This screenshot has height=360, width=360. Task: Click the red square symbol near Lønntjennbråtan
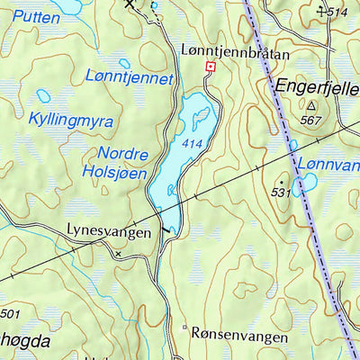[211, 67]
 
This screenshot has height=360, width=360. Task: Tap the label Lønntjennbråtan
[235, 53]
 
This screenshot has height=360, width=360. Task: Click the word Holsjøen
[114, 171]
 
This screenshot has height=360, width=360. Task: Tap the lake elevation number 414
[191, 143]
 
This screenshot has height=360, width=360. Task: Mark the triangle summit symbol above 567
[311, 105]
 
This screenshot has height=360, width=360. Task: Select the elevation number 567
[311, 120]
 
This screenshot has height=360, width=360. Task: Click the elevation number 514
[337, 12]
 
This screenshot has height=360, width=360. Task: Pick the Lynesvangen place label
[109, 231]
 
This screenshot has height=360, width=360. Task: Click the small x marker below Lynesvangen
[117, 255]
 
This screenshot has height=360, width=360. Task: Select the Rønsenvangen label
[239, 335]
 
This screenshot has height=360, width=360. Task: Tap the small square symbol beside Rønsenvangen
[184, 328]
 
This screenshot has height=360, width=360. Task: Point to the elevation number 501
[10, 314]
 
